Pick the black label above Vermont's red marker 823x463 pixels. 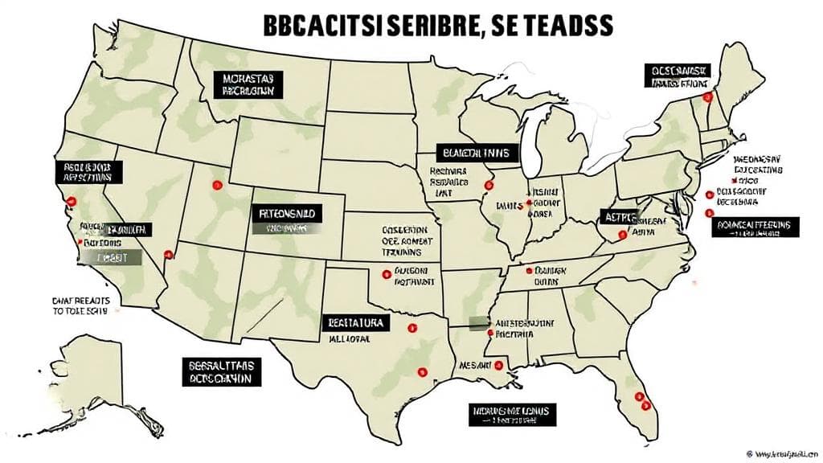click(680, 76)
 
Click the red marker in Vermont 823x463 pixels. click(708, 96)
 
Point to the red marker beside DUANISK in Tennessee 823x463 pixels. click(529, 272)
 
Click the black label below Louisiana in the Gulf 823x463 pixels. click(512, 414)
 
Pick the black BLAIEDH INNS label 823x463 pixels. click(477, 152)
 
